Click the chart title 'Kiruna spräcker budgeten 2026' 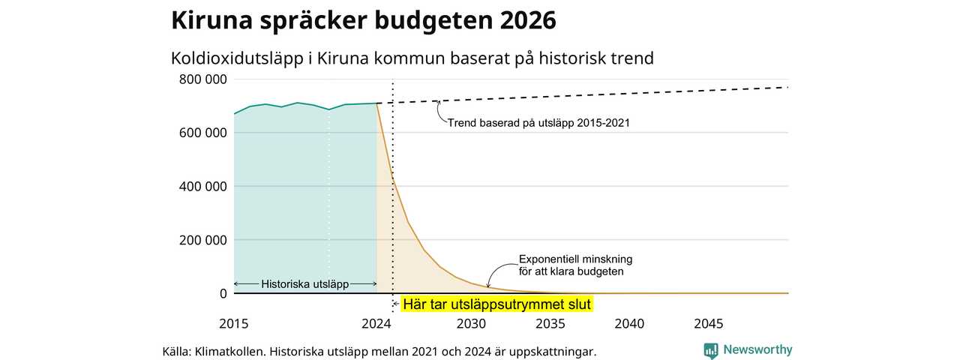point(364,20)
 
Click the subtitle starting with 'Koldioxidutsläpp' point(412,58)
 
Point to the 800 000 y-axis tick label point(203,79)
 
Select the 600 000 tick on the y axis point(203,133)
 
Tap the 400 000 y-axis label point(203,187)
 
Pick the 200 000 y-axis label point(203,240)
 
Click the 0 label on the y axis point(223,293)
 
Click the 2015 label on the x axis point(234,323)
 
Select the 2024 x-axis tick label point(376,323)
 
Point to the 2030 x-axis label point(472,323)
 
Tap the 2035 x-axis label point(550,323)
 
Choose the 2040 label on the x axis point(629,323)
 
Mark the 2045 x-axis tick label point(709,323)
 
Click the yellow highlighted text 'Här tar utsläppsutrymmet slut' point(497,304)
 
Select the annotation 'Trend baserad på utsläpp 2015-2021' point(538,123)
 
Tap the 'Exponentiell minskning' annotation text point(575,259)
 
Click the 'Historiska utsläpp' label point(305,284)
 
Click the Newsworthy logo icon point(711,350)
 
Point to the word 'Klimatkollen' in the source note point(231,352)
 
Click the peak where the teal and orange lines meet point(376,103)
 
